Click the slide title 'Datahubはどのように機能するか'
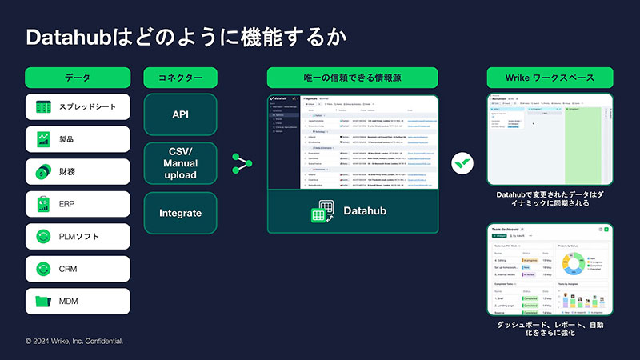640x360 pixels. (186, 37)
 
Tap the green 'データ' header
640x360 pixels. (78, 78)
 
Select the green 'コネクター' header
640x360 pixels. (180, 78)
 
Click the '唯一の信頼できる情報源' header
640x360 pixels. (352, 78)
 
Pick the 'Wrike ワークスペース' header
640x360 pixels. (550, 78)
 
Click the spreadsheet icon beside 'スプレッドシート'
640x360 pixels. (43, 106)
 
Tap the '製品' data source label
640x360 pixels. (66, 139)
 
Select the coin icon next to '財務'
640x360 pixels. (43, 171)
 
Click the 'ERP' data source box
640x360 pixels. (78, 204)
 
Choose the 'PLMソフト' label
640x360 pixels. (78, 237)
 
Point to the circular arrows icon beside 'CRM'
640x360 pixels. (43, 269)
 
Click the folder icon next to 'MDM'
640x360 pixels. (43, 302)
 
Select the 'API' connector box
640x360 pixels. (180, 114)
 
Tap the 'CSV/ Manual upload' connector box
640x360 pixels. (180, 163)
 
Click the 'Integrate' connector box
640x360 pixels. (180, 213)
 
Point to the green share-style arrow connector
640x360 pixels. (241, 163)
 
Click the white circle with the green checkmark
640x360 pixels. (462, 163)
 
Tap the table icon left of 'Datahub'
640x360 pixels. (322, 212)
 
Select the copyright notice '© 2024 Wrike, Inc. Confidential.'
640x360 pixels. (74, 341)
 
